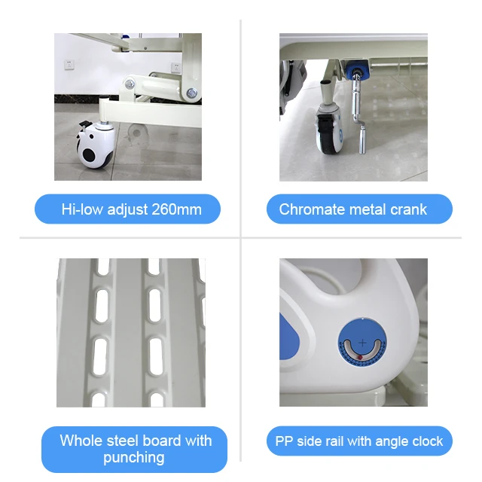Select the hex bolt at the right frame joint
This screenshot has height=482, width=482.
(191, 93)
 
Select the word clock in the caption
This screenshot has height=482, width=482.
(426, 441)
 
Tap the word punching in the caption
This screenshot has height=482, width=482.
(133, 457)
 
